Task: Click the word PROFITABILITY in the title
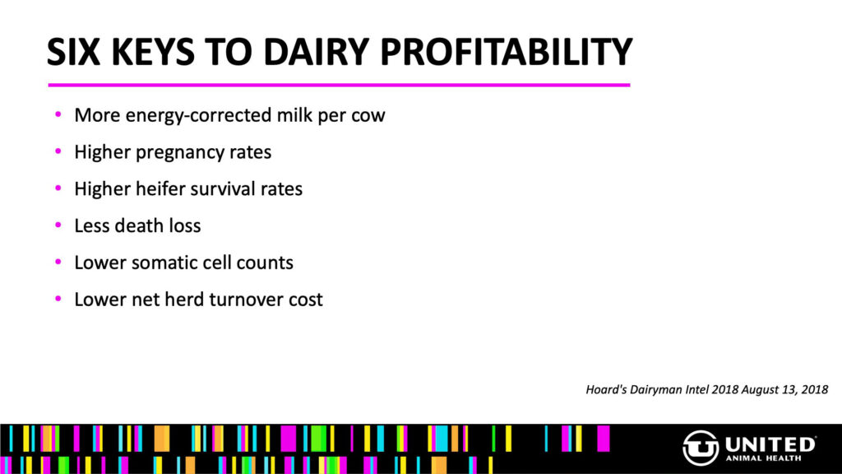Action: point(506,52)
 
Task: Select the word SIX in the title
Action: point(73,52)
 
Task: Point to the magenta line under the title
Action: point(339,85)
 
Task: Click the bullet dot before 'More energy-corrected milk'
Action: point(58,114)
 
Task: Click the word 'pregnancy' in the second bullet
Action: point(180,152)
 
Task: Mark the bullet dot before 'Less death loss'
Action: point(58,225)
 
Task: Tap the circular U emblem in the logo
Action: point(701,448)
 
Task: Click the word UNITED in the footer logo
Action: point(770,444)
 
